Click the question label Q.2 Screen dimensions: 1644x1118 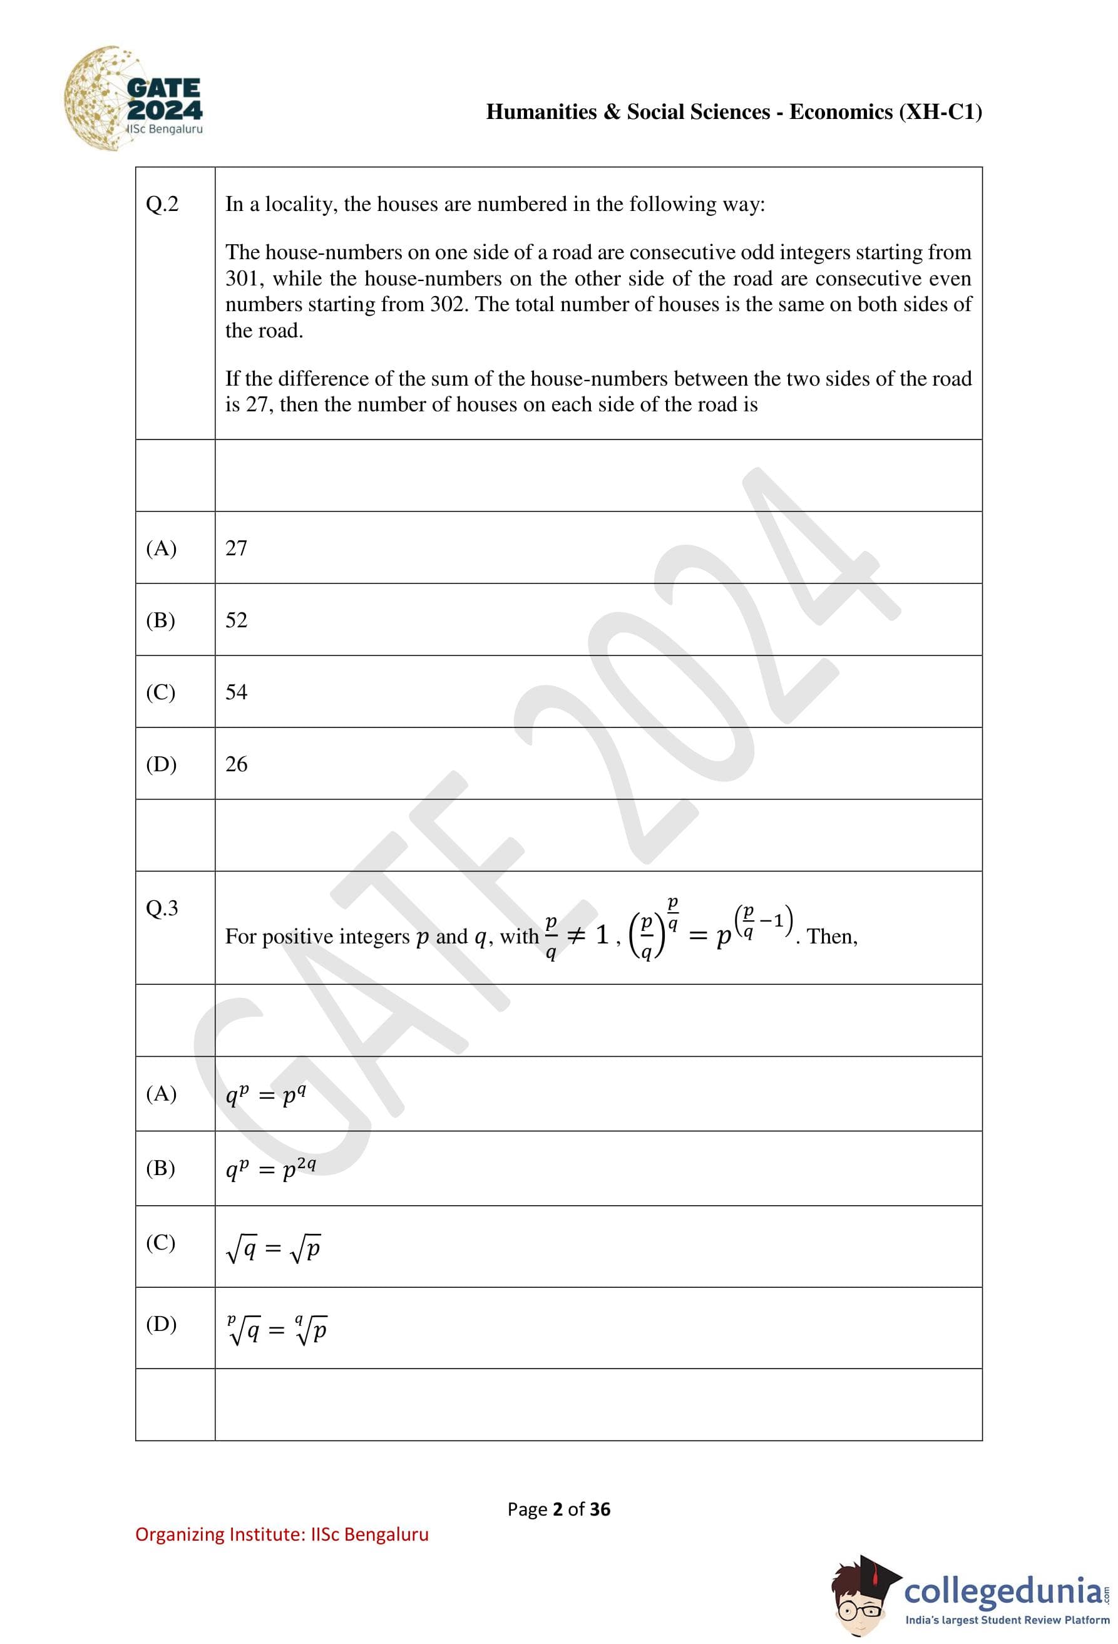click(x=162, y=205)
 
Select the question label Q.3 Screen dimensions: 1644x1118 click(x=162, y=908)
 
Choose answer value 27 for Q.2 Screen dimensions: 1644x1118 click(x=236, y=548)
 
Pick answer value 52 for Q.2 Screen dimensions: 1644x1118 click(x=236, y=620)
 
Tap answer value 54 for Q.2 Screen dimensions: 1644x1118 click(x=236, y=692)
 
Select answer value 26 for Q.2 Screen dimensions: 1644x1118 click(x=236, y=764)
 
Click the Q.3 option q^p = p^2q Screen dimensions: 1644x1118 click(x=270, y=1169)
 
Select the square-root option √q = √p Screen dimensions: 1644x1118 click(x=273, y=1248)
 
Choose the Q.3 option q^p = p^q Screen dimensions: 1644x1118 click(x=265, y=1095)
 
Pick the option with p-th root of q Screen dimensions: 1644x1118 click(x=277, y=1330)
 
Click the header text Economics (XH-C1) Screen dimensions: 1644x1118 click(x=885, y=112)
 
